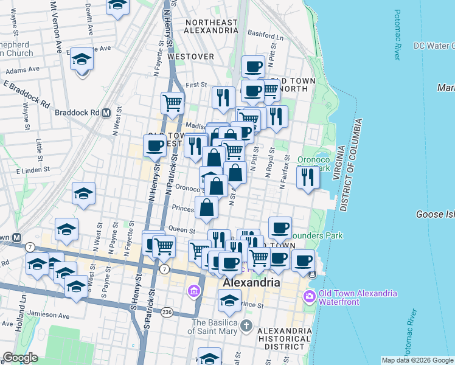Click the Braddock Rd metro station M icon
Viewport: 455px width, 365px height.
(x=106, y=113)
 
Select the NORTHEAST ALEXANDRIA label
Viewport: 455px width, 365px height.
(x=210, y=26)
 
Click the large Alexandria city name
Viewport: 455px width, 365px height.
(x=251, y=283)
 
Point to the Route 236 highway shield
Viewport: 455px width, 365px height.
(x=167, y=312)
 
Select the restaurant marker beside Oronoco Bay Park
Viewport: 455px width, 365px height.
(x=308, y=178)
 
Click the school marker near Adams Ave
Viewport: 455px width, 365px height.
(x=82, y=61)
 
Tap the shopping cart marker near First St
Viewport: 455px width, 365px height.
(x=173, y=103)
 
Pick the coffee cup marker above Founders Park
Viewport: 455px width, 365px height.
(x=280, y=228)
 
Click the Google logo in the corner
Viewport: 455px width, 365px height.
(x=20, y=358)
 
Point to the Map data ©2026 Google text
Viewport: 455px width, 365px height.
(x=417, y=360)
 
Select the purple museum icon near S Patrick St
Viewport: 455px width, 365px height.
(x=195, y=292)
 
